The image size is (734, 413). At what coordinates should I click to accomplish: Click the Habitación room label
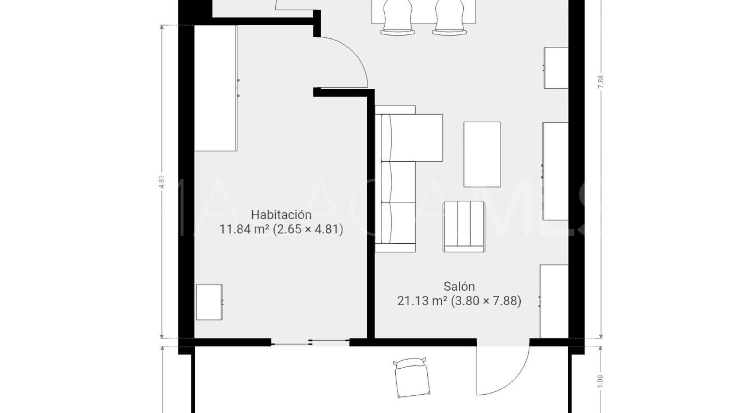coord(281,214)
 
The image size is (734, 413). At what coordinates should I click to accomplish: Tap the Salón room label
coord(459,286)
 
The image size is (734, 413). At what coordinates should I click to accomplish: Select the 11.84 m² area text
coord(244,229)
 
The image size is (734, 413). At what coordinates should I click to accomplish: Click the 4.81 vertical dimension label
coord(162,182)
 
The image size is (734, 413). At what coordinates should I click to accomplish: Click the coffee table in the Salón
coord(482,154)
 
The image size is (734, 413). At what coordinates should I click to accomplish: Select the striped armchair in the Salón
coord(464,227)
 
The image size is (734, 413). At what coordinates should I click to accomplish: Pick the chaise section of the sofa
coord(417,138)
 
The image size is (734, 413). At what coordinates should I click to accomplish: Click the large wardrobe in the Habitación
coord(215,88)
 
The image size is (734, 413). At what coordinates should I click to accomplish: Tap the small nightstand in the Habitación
coord(209,302)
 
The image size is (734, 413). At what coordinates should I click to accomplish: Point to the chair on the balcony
coord(411,378)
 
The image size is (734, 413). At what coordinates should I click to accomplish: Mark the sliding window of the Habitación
coord(310,342)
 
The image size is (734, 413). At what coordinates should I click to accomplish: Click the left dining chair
coord(397,17)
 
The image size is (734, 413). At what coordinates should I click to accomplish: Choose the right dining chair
coord(449,17)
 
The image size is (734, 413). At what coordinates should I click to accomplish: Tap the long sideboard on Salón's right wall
coord(555,171)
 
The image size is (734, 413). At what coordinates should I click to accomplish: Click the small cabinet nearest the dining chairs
coord(556,68)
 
